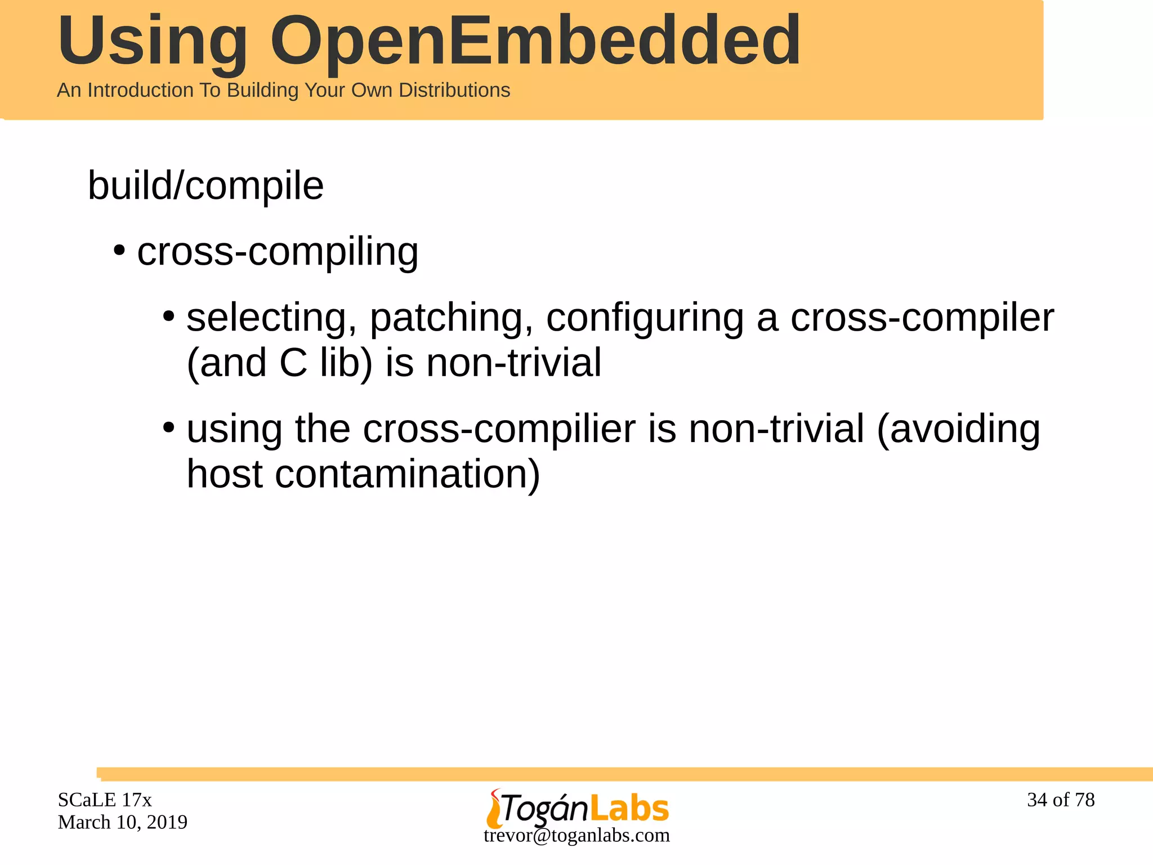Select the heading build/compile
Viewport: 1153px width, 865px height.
coord(205,185)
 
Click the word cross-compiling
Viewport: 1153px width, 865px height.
coord(278,251)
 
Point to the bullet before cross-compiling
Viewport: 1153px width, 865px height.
coord(119,250)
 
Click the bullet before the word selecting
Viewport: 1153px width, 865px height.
coord(168,316)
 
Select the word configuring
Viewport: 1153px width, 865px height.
coord(645,318)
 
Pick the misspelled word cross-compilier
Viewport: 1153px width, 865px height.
coord(499,429)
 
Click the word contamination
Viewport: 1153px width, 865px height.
coord(408,474)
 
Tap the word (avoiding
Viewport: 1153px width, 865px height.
coord(958,429)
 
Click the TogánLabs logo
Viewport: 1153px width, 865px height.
coord(577,808)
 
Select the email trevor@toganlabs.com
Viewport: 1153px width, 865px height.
coord(576,835)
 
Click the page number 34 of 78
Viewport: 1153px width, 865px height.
coord(1061,800)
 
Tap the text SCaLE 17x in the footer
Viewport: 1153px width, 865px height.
coord(105,800)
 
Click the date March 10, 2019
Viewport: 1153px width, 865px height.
coord(122,822)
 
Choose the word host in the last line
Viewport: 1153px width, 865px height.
coord(224,474)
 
